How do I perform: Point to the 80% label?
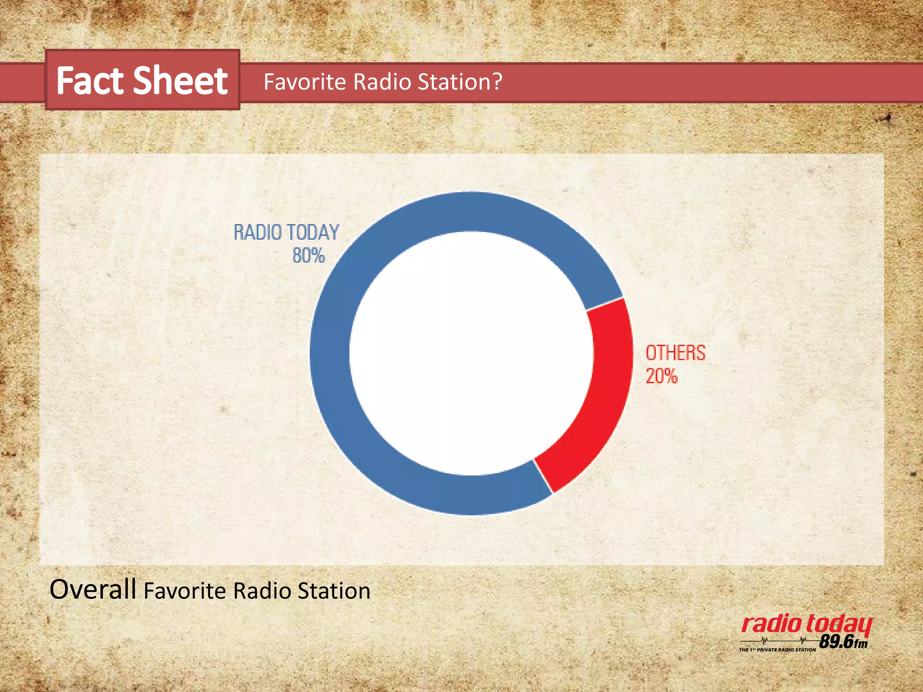308,255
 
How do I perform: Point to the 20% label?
661,376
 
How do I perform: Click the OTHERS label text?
675,353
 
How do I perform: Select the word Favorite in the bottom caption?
185,591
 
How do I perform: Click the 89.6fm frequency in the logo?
843,641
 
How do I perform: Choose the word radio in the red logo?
771,624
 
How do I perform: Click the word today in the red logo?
839,625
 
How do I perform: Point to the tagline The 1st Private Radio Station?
777,650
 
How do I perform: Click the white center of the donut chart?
471,353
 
